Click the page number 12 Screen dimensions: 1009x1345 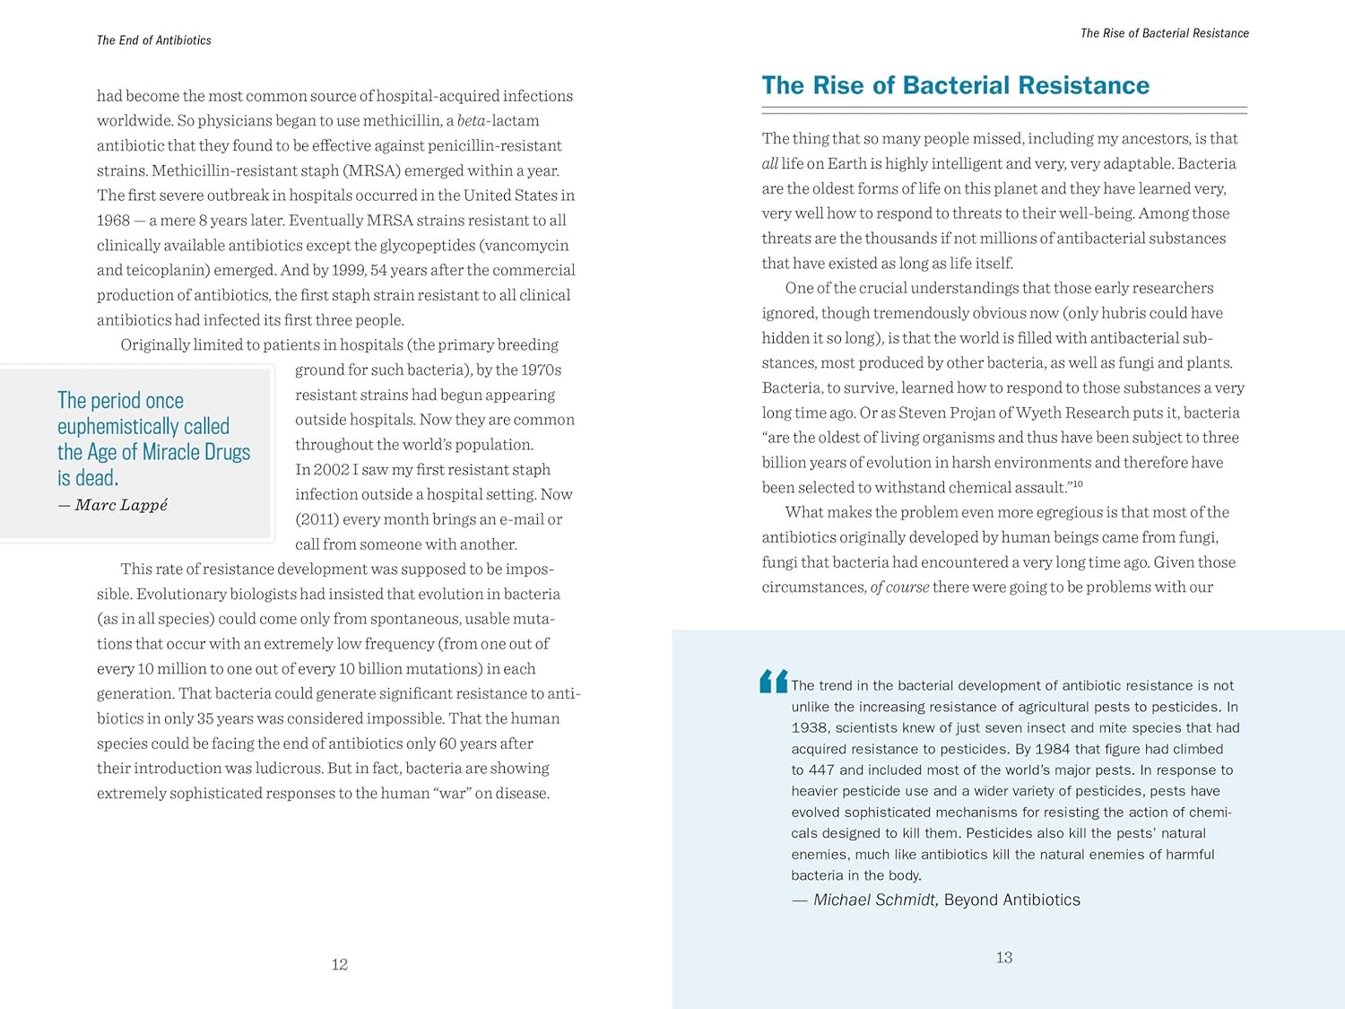[339, 964]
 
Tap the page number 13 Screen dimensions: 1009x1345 [1004, 957]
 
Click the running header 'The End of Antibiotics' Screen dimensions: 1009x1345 [154, 40]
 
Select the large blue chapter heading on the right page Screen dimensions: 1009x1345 [955, 85]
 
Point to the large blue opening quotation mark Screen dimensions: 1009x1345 [773, 682]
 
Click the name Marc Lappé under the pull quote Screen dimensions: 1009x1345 [121, 505]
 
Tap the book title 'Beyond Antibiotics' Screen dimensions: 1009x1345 [1012, 900]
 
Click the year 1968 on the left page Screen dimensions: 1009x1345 [113, 221]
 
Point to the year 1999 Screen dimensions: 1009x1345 [347, 270]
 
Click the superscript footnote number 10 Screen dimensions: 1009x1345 [1078, 484]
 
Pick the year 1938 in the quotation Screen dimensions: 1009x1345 [810, 727]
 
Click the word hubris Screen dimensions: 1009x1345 [1114, 313]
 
